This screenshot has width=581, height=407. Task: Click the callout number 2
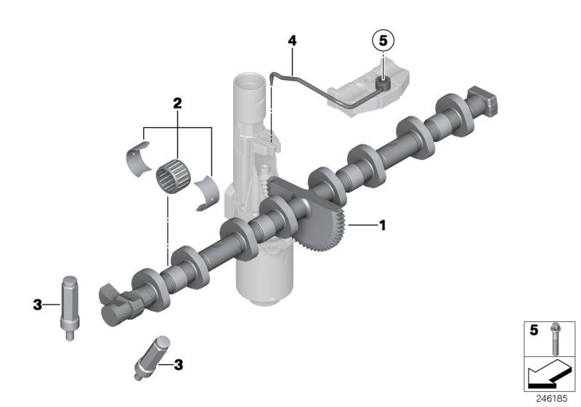176,104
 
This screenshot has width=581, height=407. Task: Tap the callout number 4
292,41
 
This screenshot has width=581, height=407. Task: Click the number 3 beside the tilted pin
177,364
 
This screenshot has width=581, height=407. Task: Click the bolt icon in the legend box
555,339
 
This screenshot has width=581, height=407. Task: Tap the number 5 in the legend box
534,331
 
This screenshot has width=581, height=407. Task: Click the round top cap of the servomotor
246,83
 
